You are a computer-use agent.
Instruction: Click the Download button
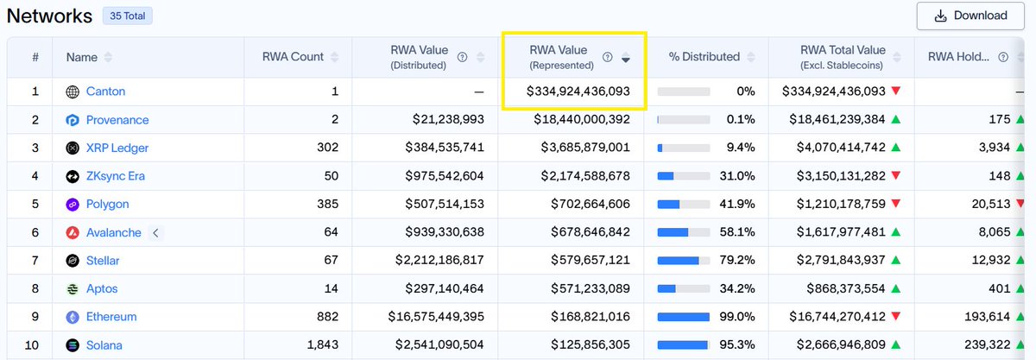click(x=970, y=16)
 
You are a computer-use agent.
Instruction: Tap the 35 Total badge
click(x=128, y=16)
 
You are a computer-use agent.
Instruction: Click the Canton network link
click(x=105, y=92)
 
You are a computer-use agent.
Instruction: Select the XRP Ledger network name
click(x=117, y=148)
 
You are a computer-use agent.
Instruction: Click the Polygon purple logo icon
click(x=73, y=205)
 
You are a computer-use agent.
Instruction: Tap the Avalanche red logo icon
click(x=73, y=233)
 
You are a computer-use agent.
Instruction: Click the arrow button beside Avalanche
click(x=156, y=233)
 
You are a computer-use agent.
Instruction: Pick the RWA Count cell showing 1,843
click(x=323, y=344)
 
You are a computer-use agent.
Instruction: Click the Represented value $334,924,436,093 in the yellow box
click(x=578, y=92)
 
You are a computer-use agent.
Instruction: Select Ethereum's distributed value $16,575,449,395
click(x=436, y=317)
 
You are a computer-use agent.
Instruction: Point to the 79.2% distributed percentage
click(x=737, y=260)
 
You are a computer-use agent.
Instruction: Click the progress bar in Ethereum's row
click(x=684, y=317)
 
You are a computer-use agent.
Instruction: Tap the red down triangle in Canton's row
click(x=896, y=91)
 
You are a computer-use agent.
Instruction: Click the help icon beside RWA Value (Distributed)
click(x=462, y=57)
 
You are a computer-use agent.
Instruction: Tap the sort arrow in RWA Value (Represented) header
click(x=626, y=58)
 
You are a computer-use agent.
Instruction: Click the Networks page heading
click(x=49, y=16)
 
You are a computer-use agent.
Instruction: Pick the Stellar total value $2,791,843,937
click(x=841, y=260)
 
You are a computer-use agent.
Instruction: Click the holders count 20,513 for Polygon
click(x=991, y=204)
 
